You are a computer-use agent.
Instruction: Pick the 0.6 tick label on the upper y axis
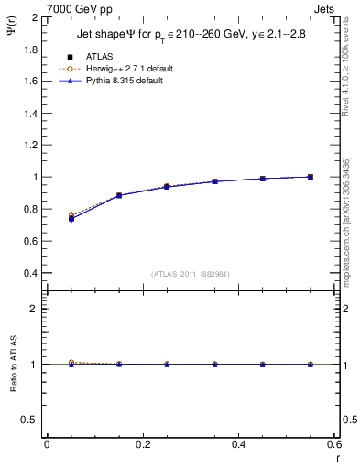pos(31,241)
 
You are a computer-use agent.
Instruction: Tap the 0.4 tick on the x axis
pos(238,444)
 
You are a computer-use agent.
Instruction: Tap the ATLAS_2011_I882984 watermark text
pos(190,275)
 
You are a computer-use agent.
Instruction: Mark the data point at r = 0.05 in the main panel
pos(71,219)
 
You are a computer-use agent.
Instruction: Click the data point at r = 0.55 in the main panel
pos(311,177)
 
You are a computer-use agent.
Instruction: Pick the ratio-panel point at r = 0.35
pos(214,365)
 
